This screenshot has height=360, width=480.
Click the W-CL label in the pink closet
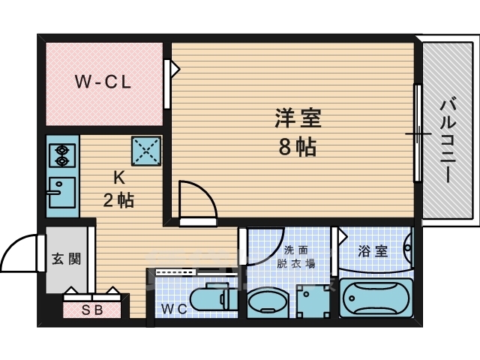(x=103, y=83)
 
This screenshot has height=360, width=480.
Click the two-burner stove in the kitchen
(x=60, y=155)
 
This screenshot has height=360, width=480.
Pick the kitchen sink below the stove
(x=60, y=193)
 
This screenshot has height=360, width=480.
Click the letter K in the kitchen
(x=118, y=178)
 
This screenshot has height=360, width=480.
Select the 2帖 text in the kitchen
(x=118, y=201)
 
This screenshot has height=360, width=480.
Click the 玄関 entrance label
(x=61, y=259)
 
